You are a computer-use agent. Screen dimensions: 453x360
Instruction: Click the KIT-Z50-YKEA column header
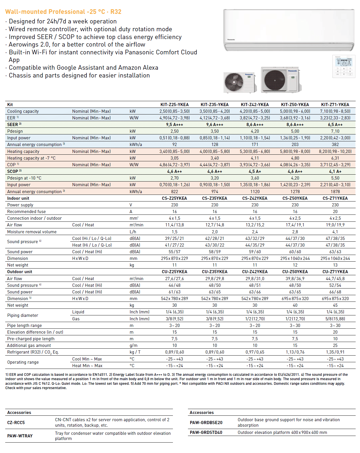point(295,105)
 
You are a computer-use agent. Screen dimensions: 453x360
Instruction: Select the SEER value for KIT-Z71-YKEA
point(335,125)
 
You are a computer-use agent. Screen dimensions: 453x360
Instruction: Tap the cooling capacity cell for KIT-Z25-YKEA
point(174,111)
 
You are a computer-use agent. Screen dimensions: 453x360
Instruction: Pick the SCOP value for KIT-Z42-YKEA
point(255,171)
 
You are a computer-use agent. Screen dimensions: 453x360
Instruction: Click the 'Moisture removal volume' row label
point(32,232)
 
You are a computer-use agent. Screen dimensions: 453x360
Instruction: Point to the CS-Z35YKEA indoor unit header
point(215,198)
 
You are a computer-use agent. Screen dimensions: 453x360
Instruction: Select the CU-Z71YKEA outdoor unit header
point(335,272)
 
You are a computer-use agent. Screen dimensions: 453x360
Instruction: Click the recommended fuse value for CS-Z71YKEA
point(335,212)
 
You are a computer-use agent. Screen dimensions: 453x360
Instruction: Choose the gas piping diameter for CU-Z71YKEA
point(335,319)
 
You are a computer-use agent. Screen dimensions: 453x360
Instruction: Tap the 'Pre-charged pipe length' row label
point(31,339)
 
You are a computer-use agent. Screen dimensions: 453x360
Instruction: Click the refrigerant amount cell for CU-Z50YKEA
point(295,352)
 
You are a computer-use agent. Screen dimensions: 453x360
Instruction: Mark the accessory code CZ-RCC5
point(16,423)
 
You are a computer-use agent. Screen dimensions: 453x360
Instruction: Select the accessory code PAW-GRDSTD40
point(206,432)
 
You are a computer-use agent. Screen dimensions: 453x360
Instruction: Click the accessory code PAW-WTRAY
point(20,436)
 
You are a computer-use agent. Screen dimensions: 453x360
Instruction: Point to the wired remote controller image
point(344,66)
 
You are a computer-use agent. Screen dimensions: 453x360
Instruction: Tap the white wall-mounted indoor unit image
point(289,30)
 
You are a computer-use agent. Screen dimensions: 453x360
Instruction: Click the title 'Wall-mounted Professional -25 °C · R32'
point(63,12)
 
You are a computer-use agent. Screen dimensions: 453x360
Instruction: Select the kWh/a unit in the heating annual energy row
point(136,192)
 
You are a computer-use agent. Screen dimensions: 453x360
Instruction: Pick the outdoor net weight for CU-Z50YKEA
point(295,305)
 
